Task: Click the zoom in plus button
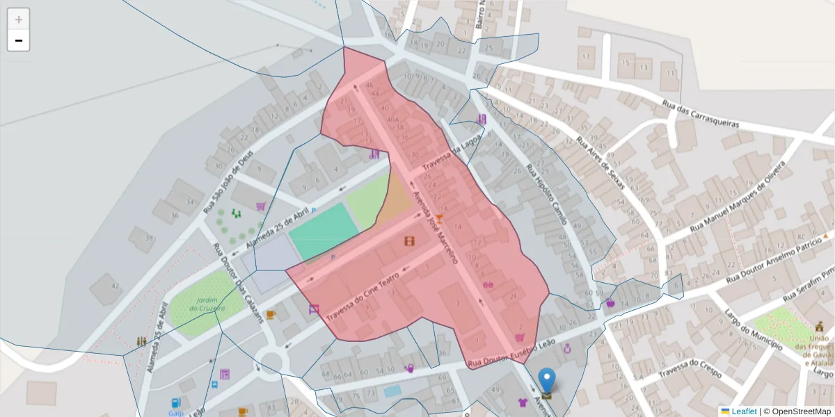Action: coord(19,19)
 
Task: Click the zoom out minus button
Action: coord(19,40)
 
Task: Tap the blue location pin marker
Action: coord(548,381)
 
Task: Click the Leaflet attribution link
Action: coord(744,411)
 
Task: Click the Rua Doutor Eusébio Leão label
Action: coord(511,353)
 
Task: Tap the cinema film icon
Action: coord(411,241)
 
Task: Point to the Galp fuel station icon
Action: coord(175,402)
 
